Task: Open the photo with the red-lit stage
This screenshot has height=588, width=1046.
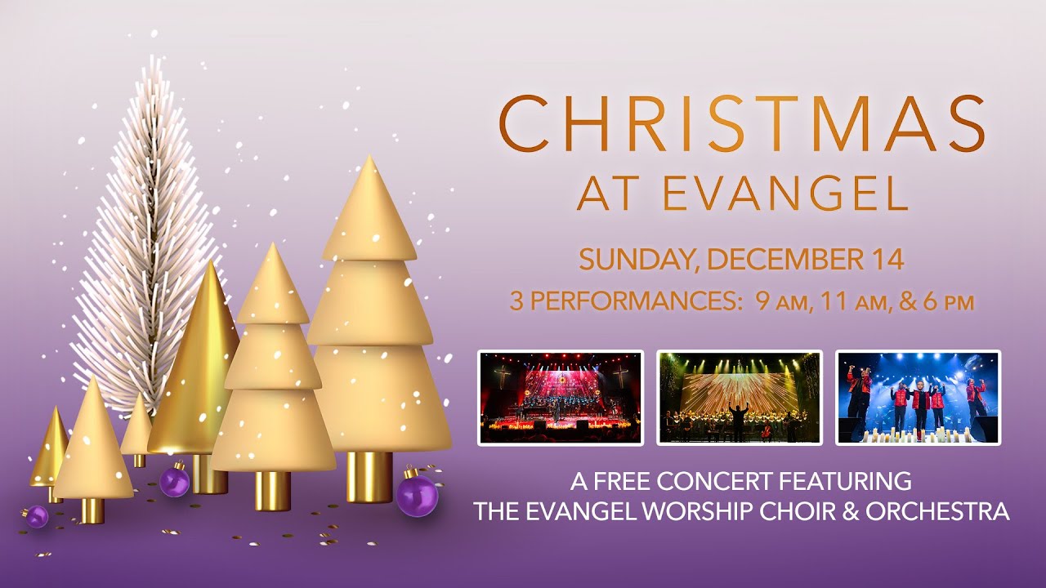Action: point(561,398)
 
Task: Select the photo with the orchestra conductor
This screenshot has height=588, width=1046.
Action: point(740,398)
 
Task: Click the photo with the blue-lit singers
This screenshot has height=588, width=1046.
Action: point(918,398)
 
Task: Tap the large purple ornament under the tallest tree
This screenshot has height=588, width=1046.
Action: point(417,495)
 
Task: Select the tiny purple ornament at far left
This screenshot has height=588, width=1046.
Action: point(37,516)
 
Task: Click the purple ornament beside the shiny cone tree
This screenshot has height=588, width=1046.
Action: point(174,480)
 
